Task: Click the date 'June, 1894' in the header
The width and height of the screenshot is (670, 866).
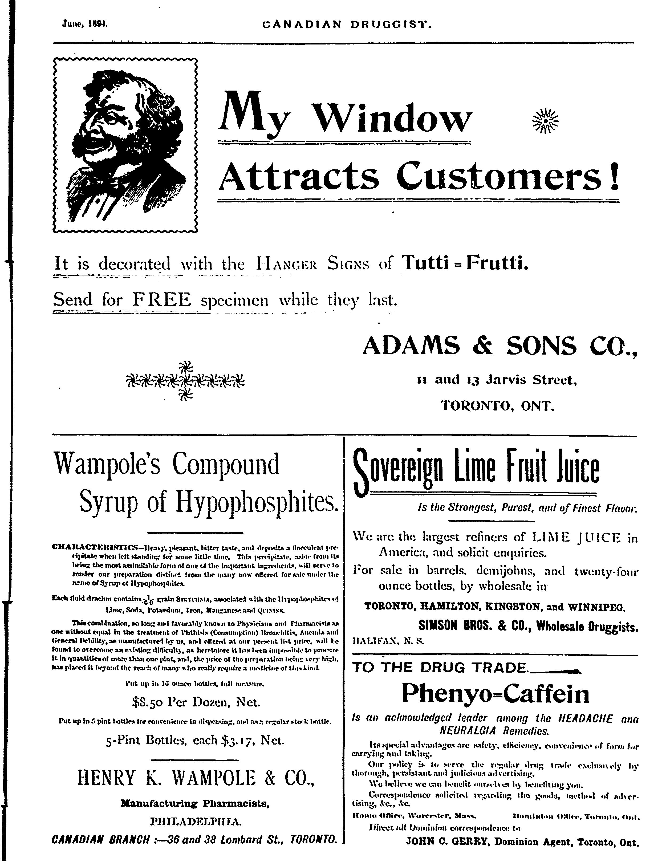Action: pyautogui.click(x=84, y=24)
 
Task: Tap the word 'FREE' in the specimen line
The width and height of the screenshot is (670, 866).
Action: pyautogui.click(x=162, y=299)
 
